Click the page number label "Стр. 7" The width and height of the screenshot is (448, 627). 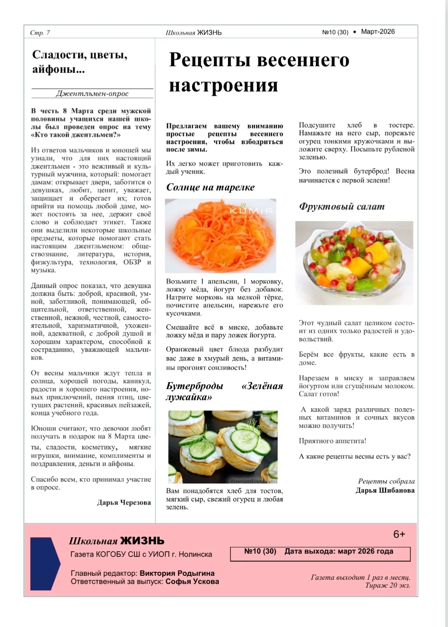40,33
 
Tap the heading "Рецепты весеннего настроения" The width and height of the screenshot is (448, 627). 259,72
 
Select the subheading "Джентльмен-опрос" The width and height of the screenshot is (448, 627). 92,94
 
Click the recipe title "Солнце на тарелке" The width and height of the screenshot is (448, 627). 210,187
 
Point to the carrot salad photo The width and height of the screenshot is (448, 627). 220,235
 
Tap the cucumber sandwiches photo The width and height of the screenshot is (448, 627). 223,446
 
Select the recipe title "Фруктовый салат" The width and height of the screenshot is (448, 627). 342,207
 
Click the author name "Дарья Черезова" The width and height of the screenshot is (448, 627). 124,503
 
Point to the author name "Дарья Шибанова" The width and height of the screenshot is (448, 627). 385,490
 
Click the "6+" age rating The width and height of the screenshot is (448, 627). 399,534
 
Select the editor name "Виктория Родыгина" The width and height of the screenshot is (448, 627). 177,573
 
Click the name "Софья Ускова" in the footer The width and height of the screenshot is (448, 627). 192,581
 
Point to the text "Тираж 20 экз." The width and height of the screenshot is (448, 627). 388,585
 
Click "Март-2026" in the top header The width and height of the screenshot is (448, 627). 378,32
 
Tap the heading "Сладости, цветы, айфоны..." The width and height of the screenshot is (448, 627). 80,62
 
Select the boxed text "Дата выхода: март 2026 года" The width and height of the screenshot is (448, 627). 339,551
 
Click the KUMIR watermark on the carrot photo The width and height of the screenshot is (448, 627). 251,211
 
